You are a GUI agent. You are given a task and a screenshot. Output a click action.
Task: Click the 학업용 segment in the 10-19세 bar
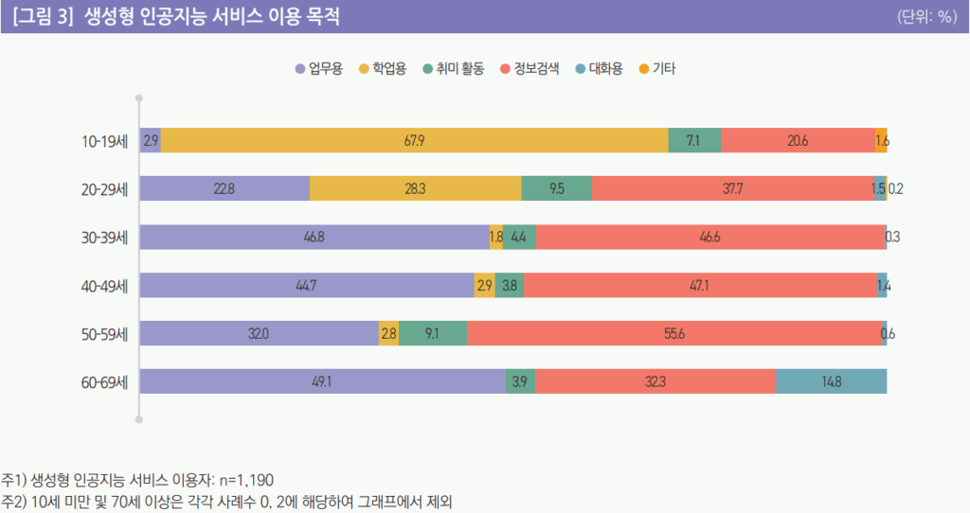(414, 140)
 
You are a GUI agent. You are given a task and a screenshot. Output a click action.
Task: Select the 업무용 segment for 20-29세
(225, 188)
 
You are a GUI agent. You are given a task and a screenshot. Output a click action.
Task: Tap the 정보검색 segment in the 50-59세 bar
(674, 333)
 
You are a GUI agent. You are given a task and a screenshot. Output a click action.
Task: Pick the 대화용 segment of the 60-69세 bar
(831, 381)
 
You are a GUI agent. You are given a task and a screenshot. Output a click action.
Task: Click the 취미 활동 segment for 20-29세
(557, 188)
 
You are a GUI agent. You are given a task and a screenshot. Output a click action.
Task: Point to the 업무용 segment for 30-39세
(314, 237)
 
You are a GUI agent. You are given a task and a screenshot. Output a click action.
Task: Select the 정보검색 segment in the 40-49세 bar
(700, 285)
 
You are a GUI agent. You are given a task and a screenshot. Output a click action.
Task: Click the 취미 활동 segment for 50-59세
(433, 333)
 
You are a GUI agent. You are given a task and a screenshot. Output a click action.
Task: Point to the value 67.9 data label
(414, 140)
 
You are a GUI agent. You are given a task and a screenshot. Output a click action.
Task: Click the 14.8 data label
(831, 381)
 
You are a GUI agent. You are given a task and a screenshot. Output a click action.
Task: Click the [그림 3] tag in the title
(44, 17)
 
